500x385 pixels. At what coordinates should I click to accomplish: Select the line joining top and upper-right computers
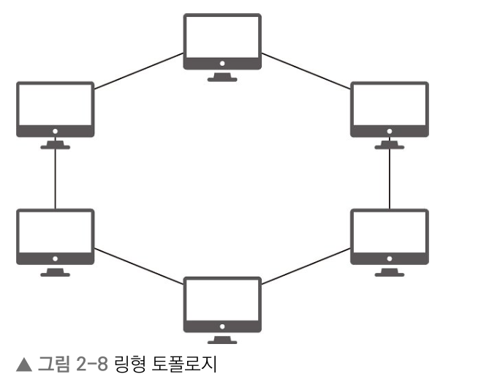pyautogui.click(x=306, y=72)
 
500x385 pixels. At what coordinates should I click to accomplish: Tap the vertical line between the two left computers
pyautogui.click(x=55, y=179)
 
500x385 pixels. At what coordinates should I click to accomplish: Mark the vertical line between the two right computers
pyautogui.click(x=389, y=179)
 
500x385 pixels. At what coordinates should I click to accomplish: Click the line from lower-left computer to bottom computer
pyautogui.click(x=138, y=265)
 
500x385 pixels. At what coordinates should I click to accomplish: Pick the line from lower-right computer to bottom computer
pyautogui.click(x=306, y=265)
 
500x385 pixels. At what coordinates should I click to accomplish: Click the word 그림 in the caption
pyautogui.click(x=49, y=364)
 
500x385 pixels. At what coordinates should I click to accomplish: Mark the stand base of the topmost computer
pyautogui.click(x=221, y=78)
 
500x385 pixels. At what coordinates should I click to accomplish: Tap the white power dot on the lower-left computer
pyautogui.click(x=55, y=260)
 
